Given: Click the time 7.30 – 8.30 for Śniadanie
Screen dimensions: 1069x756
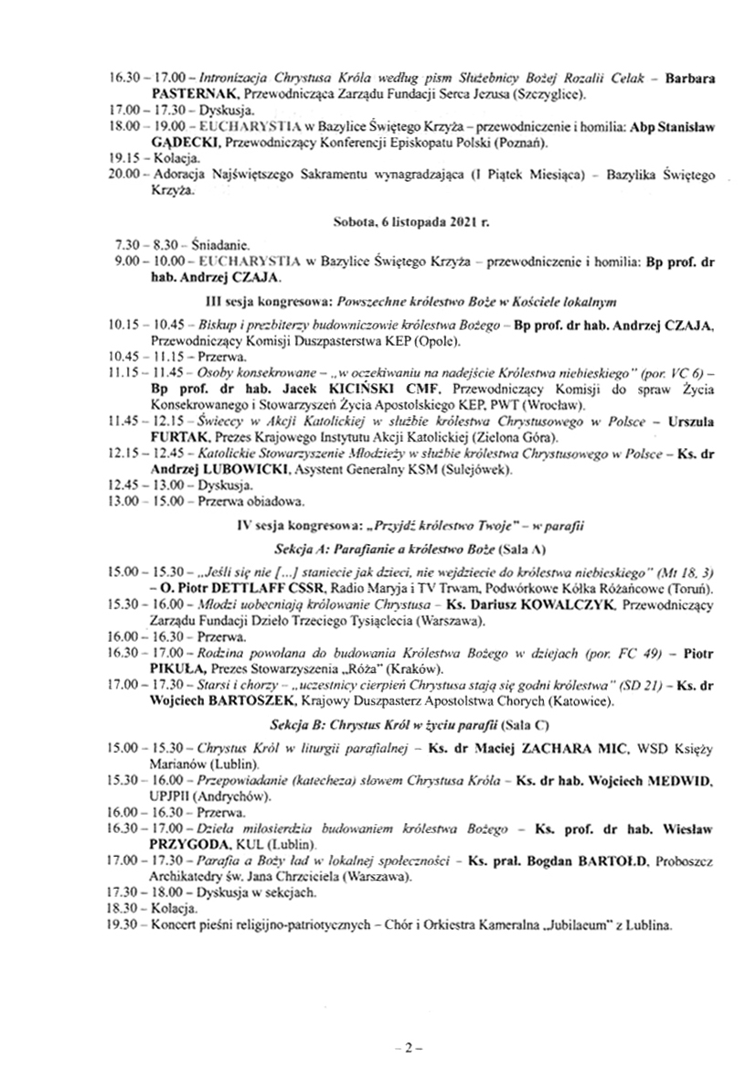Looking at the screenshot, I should pos(143,246).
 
